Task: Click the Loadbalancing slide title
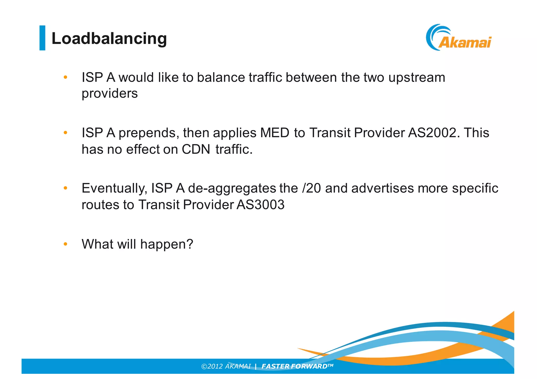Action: point(109,38)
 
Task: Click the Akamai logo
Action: point(459,38)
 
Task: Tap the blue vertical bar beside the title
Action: point(42,38)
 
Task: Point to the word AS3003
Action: point(260,205)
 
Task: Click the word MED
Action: point(275,133)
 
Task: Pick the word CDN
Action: point(196,149)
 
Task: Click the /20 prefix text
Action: point(312,188)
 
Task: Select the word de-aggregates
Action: point(232,188)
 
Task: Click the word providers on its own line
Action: point(110,93)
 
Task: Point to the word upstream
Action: point(417,78)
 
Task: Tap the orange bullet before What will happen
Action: point(66,244)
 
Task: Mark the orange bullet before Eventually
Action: point(66,188)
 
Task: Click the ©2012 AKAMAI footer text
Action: point(226,366)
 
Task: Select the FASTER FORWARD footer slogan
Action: point(297,366)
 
